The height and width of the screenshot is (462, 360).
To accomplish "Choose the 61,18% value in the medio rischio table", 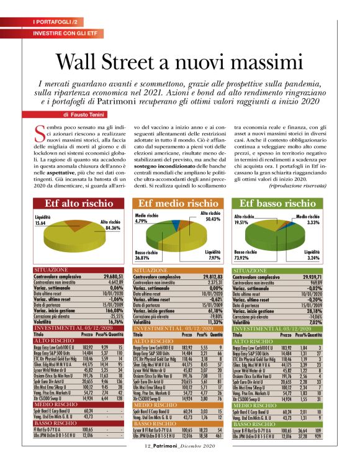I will click(x=214, y=310).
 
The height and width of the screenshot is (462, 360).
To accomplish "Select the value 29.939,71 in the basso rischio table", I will click(x=312, y=276).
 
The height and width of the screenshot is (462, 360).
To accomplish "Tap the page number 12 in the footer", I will click(x=147, y=446).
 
